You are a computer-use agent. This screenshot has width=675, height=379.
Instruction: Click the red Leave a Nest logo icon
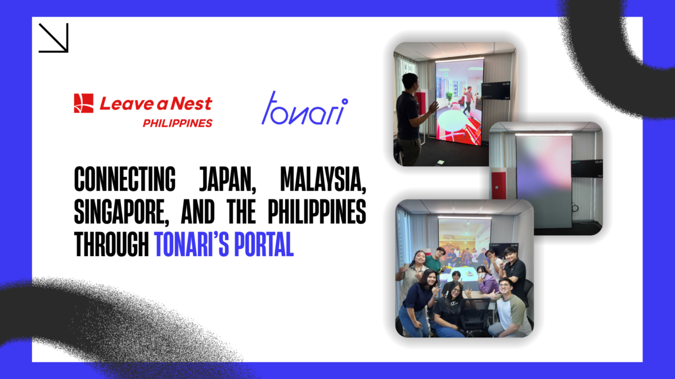point(83,103)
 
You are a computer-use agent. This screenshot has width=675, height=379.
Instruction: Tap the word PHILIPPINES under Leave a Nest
point(177,123)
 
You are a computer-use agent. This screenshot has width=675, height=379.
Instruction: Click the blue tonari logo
point(304,108)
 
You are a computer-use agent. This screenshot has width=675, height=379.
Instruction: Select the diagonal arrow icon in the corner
point(53,38)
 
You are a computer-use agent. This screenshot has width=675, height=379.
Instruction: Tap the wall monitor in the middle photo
point(586,167)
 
